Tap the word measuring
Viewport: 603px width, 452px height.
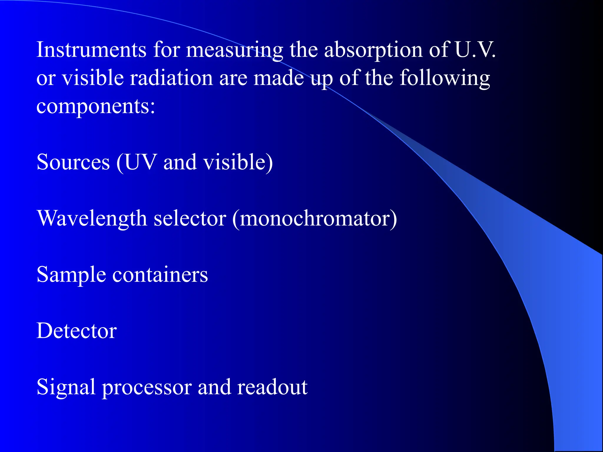pyautogui.click(x=234, y=50)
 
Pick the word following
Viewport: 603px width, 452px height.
pyautogui.click(x=445, y=78)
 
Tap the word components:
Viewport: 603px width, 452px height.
pyautogui.click(x=96, y=107)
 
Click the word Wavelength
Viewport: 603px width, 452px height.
pyautogui.click(x=92, y=219)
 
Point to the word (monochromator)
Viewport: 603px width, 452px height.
pyautogui.click(x=314, y=219)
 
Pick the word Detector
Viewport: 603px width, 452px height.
pyautogui.click(x=77, y=331)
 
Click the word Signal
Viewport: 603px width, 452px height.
pyautogui.click(x=66, y=387)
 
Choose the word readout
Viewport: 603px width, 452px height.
pyautogui.click(x=272, y=387)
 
